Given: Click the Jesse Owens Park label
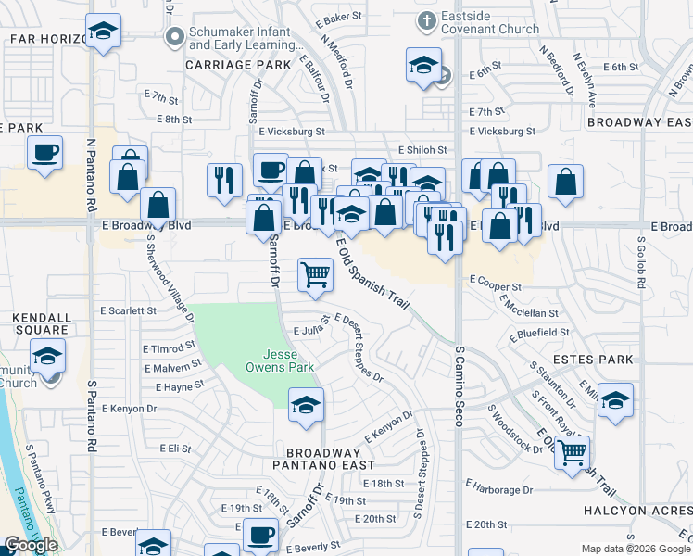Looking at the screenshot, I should point(288,360).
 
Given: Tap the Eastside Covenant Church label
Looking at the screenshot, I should point(491,22).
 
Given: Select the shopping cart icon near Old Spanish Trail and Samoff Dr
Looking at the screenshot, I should point(315,274).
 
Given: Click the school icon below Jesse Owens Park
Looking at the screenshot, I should point(306,405).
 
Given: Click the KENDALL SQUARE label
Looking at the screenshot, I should point(41,323).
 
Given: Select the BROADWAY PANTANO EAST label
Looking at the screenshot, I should point(323,464).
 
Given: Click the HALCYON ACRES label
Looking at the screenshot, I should point(637,511).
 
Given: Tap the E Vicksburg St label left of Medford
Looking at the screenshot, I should point(291,133).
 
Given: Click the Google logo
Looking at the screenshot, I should point(31,544).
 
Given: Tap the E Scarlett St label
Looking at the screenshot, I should point(128,310).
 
